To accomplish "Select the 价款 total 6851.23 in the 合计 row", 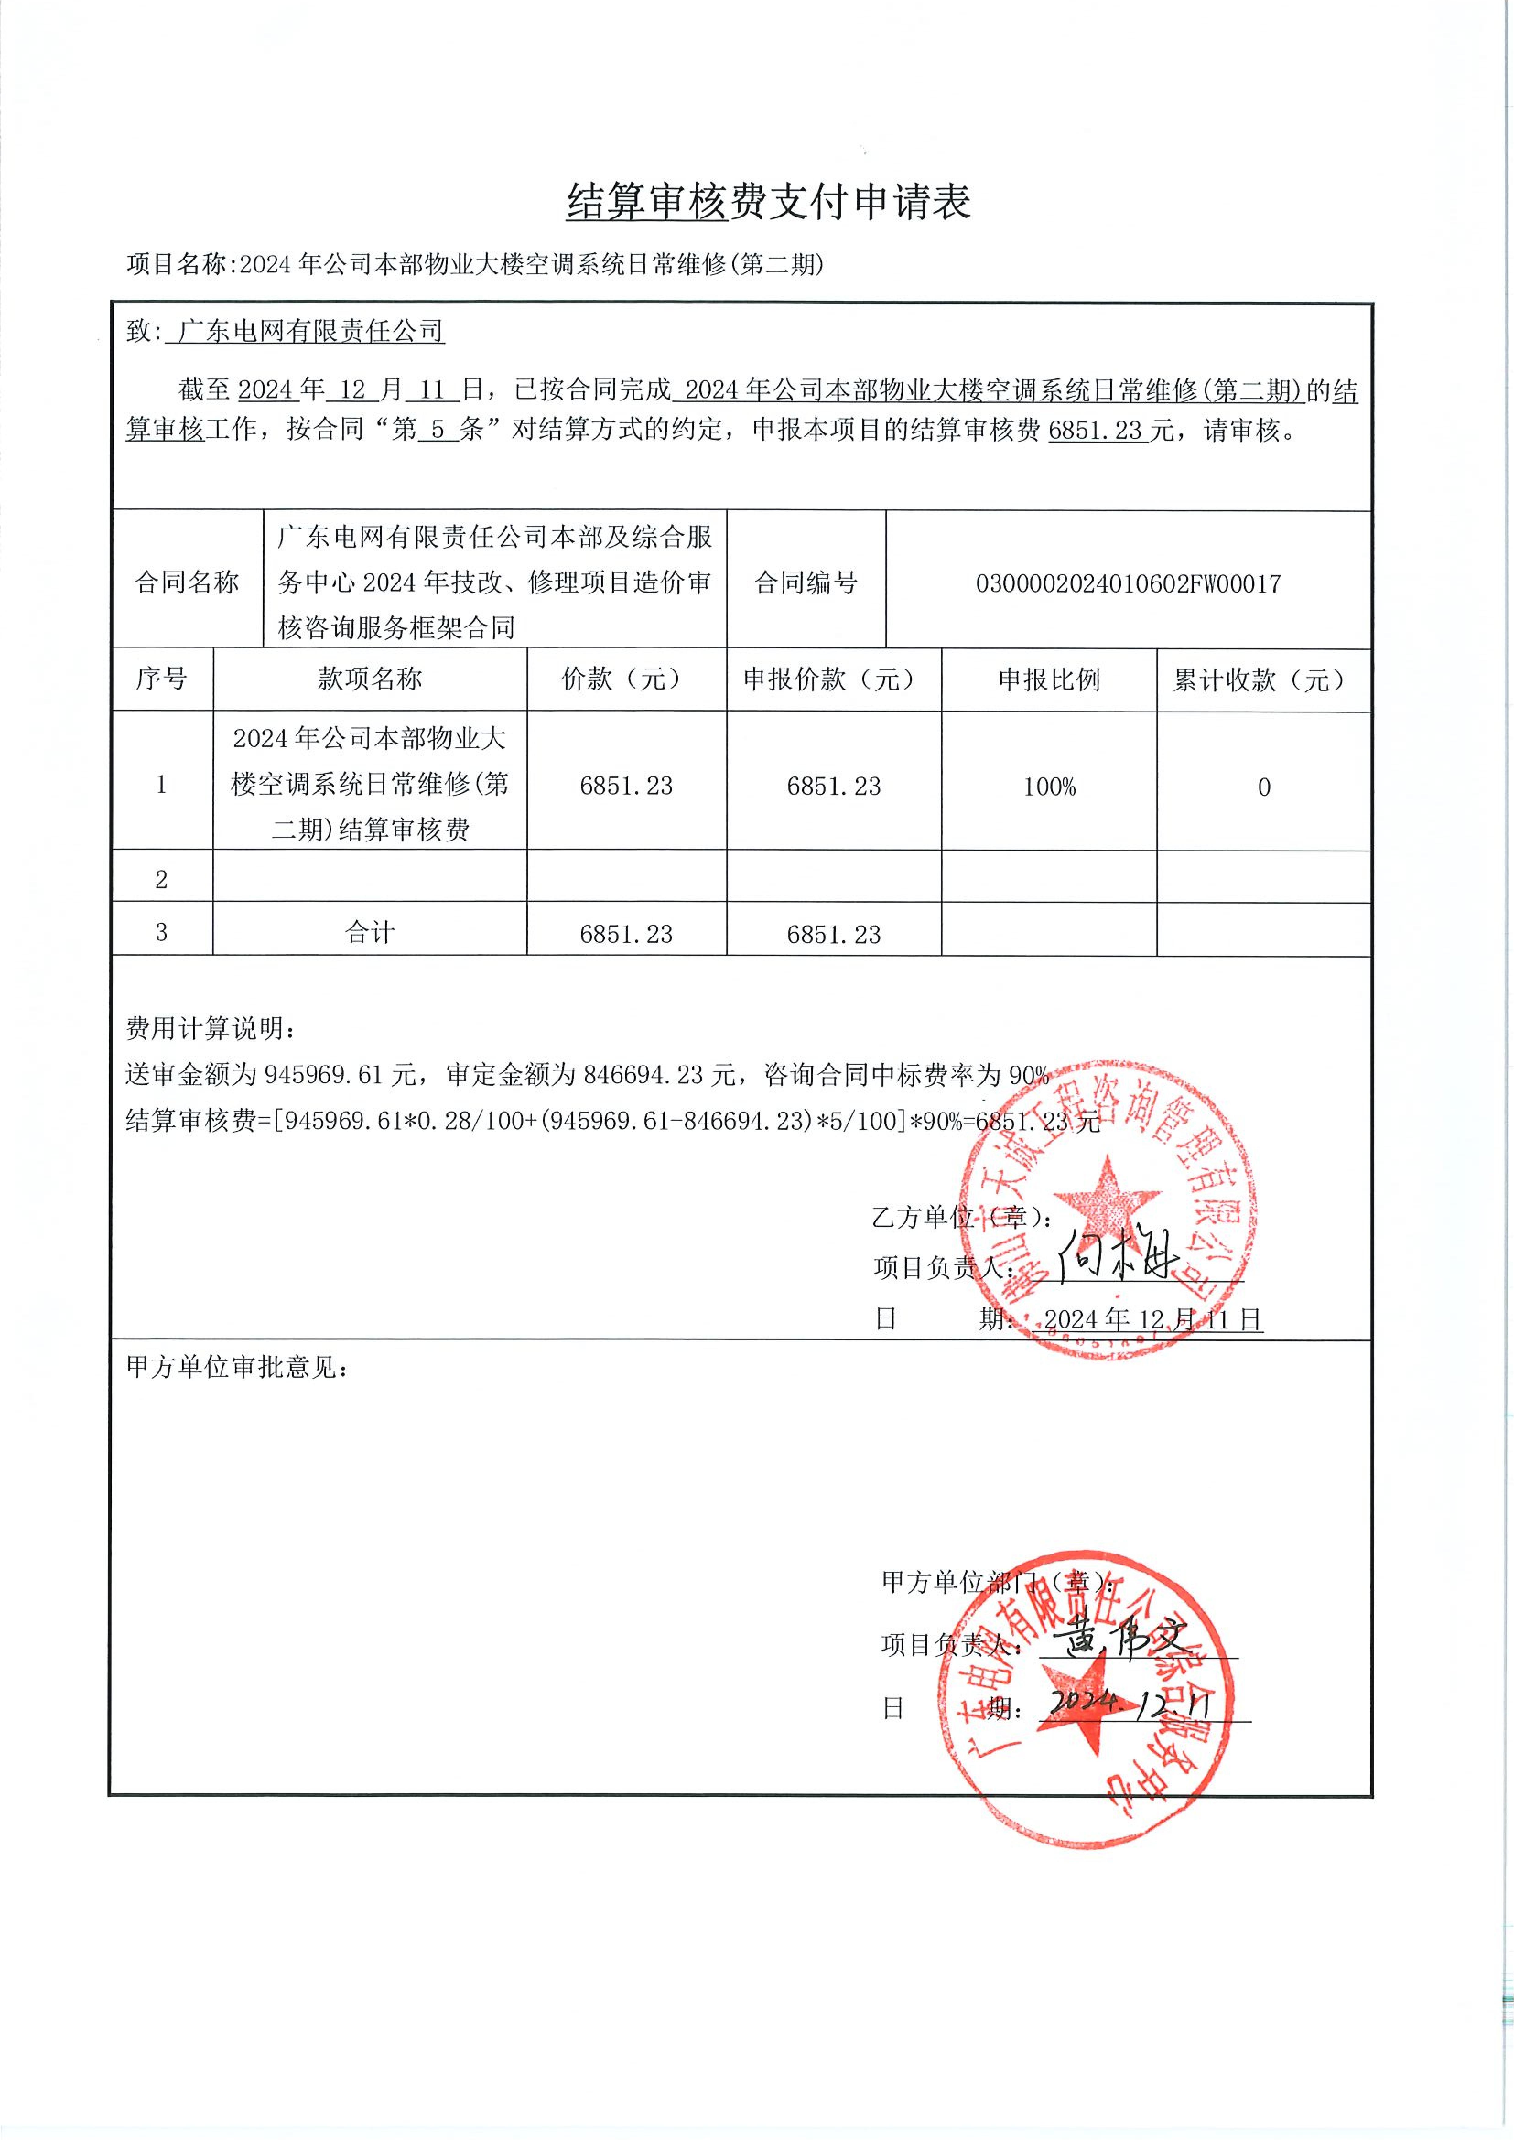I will coord(625,934).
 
